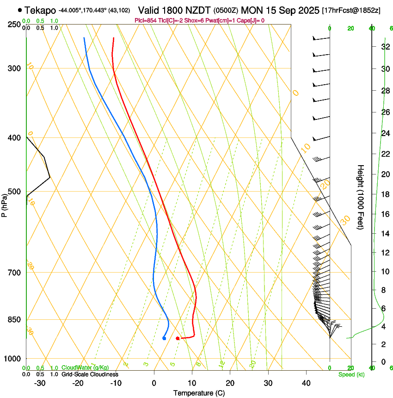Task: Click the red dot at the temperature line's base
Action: (x=178, y=338)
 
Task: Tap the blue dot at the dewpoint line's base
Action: (x=164, y=338)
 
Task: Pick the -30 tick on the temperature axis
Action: (x=40, y=383)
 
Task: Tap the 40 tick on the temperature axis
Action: (x=306, y=383)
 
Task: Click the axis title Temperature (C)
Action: (x=199, y=393)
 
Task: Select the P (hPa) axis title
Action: (x=5, y=204)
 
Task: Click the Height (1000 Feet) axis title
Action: (x=361, y=197)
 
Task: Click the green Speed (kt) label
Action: (x=351, y=374)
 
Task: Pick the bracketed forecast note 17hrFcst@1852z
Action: (x=351, y=10)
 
